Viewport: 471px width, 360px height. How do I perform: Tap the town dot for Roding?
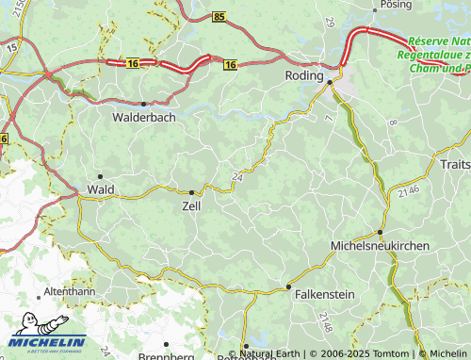point(330,83)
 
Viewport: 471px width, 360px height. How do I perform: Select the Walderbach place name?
point(142,118)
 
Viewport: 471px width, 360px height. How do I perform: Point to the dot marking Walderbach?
point(143,104)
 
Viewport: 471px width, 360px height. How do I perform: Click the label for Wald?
point(101,189)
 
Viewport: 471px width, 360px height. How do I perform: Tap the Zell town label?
point(191,205)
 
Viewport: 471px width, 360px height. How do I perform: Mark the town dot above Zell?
point(191,191)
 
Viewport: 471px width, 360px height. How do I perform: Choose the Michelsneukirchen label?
point(380,245)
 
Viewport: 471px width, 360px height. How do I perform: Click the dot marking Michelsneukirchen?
point(380,232)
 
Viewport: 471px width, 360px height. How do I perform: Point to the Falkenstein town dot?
point(288,286)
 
